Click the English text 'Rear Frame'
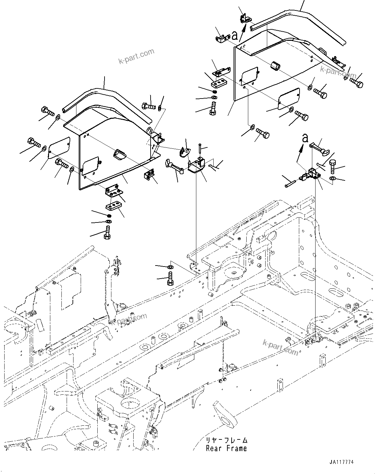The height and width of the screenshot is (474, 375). point(226,449)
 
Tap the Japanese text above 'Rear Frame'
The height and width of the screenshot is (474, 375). point(227,440)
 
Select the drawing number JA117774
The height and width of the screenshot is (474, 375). point(341,462)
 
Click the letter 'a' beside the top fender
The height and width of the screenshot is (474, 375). point(234,35)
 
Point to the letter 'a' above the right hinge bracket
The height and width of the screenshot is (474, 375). point(305,138)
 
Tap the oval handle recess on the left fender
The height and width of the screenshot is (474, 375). point(120,154)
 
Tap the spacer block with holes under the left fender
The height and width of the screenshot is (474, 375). point(113,207)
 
